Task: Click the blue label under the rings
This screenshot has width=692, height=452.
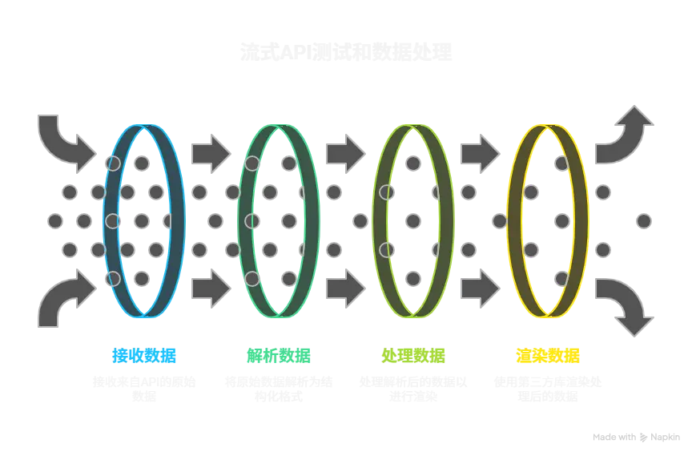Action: tap(144, 355)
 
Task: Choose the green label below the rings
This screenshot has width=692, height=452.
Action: tap(279, 355)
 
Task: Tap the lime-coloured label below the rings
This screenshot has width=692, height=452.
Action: tap(413, 355)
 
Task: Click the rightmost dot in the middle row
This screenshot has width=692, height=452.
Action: tap(644, 220)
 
